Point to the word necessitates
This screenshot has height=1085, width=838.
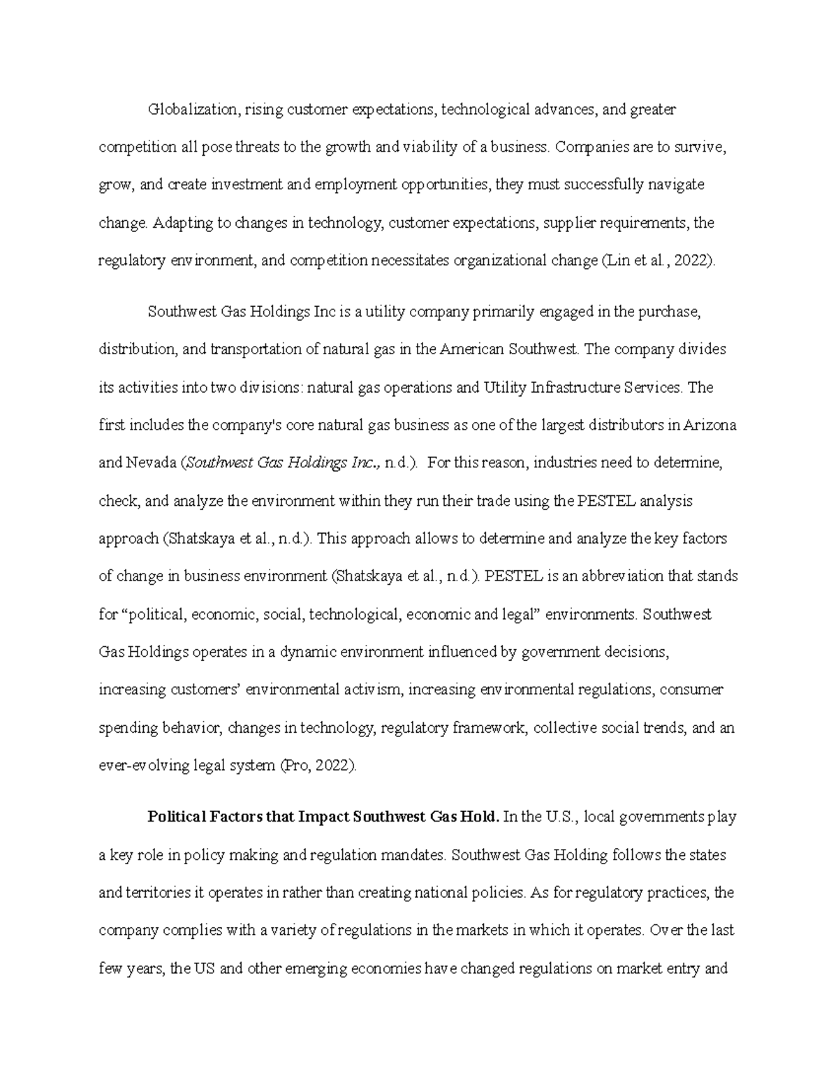pos(411,261)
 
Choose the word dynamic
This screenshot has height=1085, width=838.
pos(311,653)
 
